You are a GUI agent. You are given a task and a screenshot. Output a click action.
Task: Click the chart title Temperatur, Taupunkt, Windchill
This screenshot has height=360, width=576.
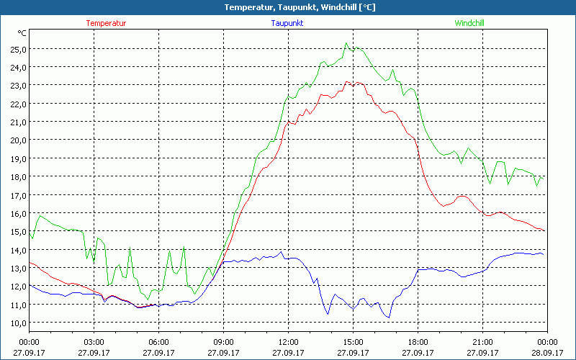[x=289, y=7]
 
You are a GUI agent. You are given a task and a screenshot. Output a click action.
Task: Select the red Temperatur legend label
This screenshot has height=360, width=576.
[x=106, y=23]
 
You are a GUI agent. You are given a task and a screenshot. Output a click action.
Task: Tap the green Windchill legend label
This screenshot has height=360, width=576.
[x=469, y=23]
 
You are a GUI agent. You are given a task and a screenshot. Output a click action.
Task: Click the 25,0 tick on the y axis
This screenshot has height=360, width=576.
[x=18, y=49]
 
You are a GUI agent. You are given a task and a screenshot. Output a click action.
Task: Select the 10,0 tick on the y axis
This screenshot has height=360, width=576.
[x=18, y=323]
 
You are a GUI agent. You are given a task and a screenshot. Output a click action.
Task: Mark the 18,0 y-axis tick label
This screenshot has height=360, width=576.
[x=18, y=176]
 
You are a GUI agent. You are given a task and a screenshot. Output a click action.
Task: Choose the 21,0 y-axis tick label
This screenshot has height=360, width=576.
[x=18, y=122]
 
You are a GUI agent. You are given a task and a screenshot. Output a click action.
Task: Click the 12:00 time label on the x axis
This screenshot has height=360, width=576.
[x=288, y=342]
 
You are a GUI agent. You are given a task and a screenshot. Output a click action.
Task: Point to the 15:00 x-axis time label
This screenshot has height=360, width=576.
[x=353, y=342]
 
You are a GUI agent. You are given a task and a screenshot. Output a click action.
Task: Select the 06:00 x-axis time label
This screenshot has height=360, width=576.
[x=158, y=342]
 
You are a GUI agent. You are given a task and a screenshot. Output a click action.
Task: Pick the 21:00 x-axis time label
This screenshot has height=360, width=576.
[x=482, y=342]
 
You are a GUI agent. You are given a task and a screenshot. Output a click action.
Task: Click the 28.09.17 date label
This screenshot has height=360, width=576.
[x=547, y=353]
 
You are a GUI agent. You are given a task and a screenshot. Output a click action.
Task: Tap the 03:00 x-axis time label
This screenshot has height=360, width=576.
[x=94, y=342]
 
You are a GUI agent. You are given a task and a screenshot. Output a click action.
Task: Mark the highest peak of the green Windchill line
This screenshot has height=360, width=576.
[x=346, y=43]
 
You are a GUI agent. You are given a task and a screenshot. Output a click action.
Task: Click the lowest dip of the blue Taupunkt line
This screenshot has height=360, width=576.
[x=389, y=318]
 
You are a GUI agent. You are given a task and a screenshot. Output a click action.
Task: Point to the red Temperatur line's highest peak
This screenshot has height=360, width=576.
[x=348, y=82]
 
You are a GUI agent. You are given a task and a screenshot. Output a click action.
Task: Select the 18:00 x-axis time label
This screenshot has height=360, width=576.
[x=418, y=342]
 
